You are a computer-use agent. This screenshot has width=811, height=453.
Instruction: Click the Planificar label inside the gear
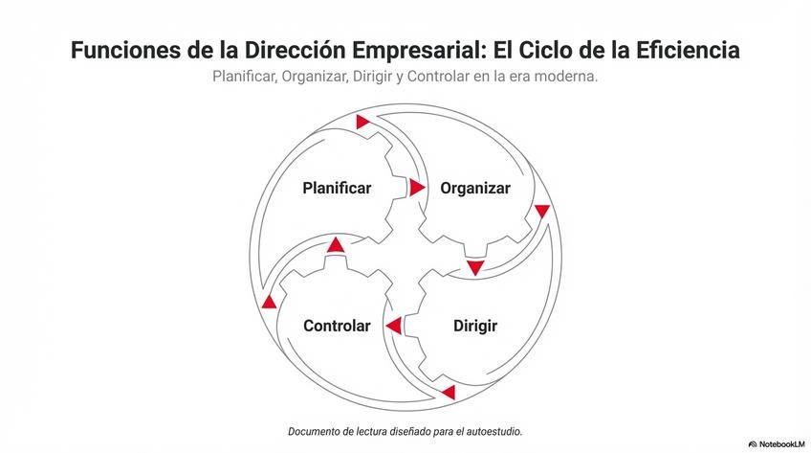point(337,188)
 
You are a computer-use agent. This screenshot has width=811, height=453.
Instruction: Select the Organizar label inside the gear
point(475,188)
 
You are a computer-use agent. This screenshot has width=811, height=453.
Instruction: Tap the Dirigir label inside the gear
point(475,326)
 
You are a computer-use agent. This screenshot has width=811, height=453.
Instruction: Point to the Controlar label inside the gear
point(337,326)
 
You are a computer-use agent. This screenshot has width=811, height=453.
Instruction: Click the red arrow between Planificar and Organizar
point(417,188)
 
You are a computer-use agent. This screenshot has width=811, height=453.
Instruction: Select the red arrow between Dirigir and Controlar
point(393,327)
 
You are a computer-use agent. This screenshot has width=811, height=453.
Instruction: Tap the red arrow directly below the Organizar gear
point(475,267)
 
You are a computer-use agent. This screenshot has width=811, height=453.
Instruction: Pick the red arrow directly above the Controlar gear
point(335,245)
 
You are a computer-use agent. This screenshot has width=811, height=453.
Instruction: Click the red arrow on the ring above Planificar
point(362,122)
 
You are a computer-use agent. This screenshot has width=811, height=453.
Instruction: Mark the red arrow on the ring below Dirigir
point(448,392)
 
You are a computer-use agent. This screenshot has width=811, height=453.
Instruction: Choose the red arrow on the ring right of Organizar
point(542,211)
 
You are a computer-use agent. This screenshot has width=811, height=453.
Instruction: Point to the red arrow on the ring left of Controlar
point(270,302)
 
